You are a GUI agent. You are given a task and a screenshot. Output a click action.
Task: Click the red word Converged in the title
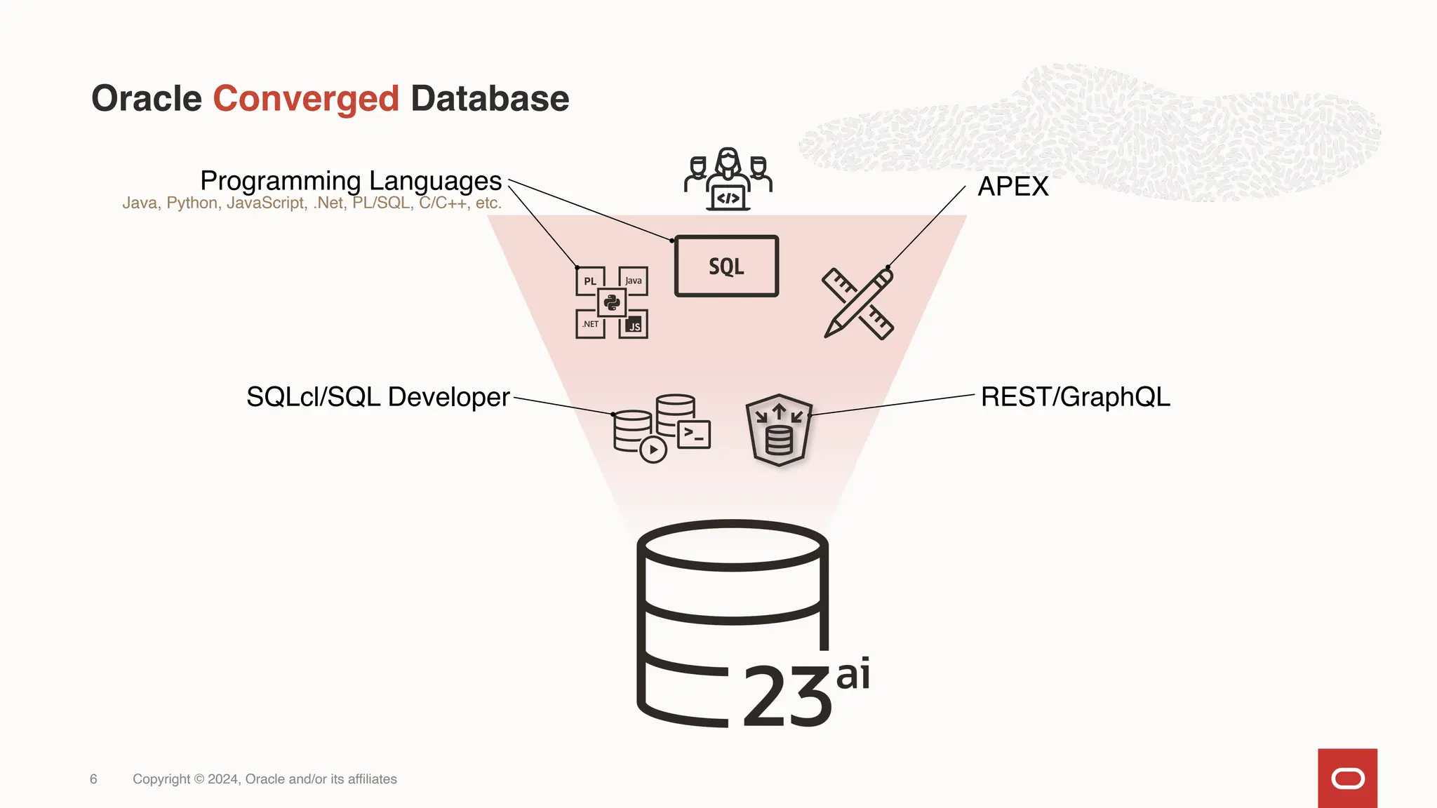[306, 99]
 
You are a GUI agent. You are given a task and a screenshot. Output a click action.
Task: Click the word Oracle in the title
[147, 99]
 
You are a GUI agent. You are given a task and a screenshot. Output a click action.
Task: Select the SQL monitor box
[726, 266]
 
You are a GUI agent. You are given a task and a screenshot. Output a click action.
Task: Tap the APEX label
[1013, 187]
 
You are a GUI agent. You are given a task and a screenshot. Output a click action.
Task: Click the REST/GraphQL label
[1075, 397]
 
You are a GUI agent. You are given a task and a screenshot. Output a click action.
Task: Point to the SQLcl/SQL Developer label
[377, 397]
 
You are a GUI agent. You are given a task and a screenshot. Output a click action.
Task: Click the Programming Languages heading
[351, 181]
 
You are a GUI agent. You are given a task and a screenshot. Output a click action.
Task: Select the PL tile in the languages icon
[590, 281]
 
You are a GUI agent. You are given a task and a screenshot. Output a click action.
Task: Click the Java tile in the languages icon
[634, 281]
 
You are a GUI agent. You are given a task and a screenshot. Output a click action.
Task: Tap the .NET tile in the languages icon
[590, 324]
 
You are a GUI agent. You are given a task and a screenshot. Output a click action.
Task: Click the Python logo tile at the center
[612, 303]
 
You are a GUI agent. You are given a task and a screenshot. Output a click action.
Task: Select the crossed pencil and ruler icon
[857, 304]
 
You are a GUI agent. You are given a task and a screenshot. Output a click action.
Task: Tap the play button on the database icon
[653, 450]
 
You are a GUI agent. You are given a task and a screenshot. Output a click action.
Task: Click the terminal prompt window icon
[694, 434]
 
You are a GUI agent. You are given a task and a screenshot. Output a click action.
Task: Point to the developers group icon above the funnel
[728, 180]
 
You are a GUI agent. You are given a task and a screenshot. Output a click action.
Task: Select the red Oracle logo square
[1347, 778]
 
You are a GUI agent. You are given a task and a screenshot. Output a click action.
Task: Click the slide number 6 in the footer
[93, 779]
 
